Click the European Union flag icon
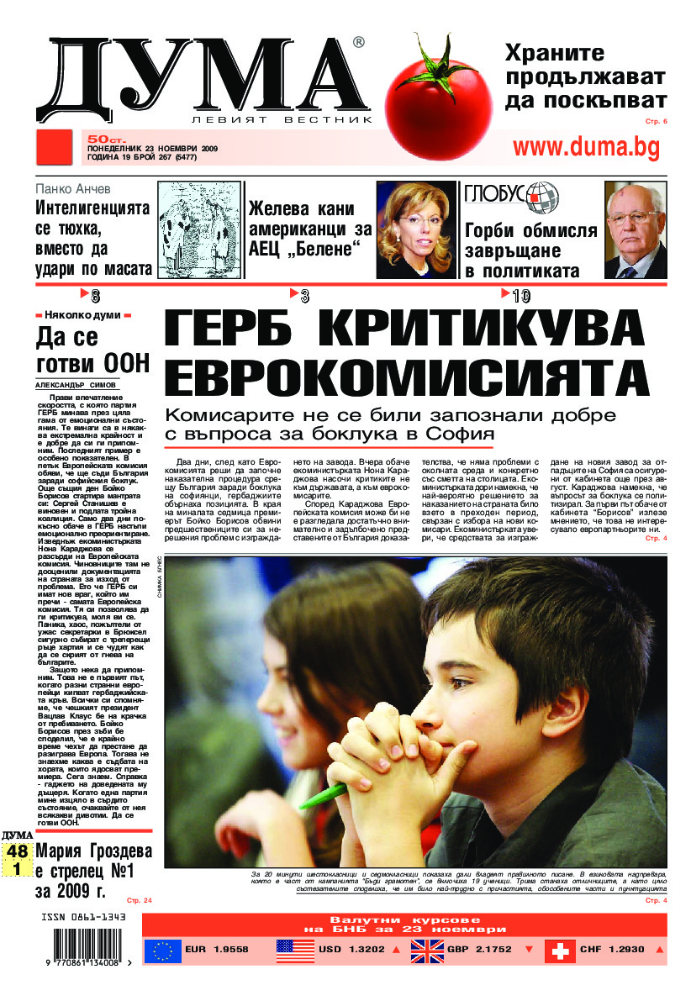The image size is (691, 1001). (162, 951)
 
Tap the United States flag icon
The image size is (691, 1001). (295, 951)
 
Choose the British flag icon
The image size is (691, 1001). (428, 951)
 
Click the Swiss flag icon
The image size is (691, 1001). (560, 951)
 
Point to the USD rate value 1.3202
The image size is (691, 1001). (362, 951)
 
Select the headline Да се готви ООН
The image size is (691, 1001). (92, 350)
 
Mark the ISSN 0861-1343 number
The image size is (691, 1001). (82, 917)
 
